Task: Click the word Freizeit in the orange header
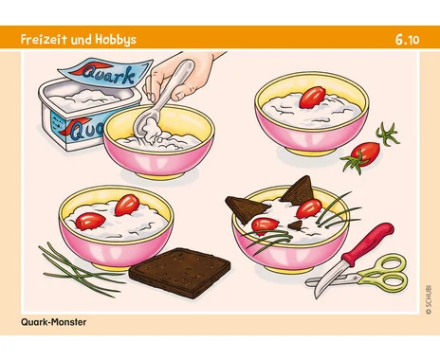click(44, 40)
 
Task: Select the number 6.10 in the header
click(407, 40)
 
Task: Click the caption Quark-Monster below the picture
click(53, 322)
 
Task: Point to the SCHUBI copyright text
click(429, 298)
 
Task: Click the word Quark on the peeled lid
click(108, 75)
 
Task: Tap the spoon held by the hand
click(161, 101)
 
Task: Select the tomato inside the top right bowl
click(312, 97)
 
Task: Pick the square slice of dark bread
click(180, 272)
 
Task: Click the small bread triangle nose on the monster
click(296, 225)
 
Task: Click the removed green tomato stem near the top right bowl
click(387, 134)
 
